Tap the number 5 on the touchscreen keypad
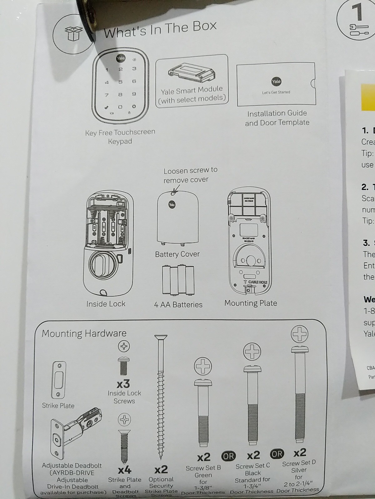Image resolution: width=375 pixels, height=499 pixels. [x=120, y=82]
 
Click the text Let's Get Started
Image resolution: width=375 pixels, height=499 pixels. [x=276, y=92]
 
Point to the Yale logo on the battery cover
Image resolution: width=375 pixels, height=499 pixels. [x=172, y=205]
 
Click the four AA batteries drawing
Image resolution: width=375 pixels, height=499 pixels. [x=178, y=280]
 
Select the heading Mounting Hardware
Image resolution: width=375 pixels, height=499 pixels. [x=84, y=333]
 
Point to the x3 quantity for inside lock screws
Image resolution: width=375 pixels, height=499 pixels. [x=123, y=384]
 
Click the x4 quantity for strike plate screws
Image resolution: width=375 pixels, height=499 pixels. [x=124, y=470]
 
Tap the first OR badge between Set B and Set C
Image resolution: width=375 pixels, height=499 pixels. [x=228, y=456]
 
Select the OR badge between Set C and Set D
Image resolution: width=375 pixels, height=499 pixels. [x=277, y=454]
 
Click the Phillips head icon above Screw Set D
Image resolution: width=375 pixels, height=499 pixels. [x=299, y=334]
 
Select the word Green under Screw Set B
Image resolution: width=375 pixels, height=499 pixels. [x=203, y=475]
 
